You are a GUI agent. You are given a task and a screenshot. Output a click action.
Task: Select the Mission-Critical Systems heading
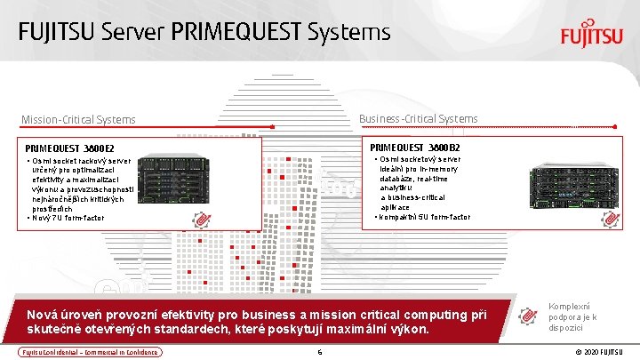coord(79,119)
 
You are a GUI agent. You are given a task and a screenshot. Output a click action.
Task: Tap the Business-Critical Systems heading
coord(418,118)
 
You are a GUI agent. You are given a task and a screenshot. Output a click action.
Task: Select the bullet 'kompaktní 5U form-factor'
coord(423,217)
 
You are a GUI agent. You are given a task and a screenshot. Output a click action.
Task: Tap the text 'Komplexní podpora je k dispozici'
coord(572,316)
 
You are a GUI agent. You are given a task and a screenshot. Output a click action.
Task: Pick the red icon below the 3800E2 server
coord(203,218)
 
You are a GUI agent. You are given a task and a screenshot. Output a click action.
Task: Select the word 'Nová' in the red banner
coord(43,315)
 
